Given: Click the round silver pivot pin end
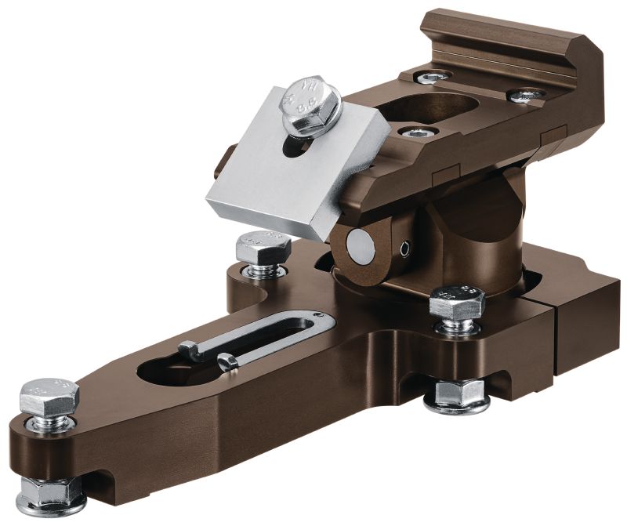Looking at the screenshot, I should click(361, 248).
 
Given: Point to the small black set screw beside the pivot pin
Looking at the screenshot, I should click(404, 249).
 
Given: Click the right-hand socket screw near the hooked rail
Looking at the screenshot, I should click(525, 96).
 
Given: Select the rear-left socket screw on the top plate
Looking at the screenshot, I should click(433, 77).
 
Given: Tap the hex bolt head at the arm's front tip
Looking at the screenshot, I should click(49, 395).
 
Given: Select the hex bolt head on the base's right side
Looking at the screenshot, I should click(457, 302).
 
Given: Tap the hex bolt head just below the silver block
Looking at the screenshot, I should click(263, 249).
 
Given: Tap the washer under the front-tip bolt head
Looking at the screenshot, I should click(49, 424).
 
